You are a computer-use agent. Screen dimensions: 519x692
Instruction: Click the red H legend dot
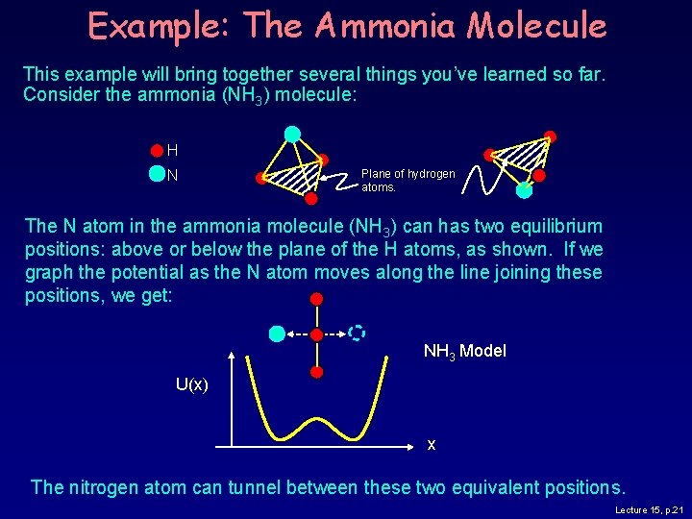pos(157,150)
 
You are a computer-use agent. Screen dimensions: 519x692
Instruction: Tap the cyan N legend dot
pos(157,174)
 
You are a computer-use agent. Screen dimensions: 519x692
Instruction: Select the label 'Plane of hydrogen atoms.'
pos(408,180)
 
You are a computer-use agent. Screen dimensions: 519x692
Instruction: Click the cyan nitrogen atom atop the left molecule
pos(292,134)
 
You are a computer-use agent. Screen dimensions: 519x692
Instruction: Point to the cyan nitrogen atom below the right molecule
pos(524,190)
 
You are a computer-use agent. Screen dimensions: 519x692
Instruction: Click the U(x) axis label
pos(191,384)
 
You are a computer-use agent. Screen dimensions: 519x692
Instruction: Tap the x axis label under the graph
pos(432,444)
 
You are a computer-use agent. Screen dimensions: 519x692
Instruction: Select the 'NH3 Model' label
pos(464,351)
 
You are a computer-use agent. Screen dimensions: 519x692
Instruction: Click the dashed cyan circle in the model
pos(357,333)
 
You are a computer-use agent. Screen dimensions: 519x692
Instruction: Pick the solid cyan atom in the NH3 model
pos(277,334)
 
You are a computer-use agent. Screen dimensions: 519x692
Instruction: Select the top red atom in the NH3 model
pos(317,299)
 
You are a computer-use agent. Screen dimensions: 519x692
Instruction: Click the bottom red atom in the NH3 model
pos(317,371)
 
